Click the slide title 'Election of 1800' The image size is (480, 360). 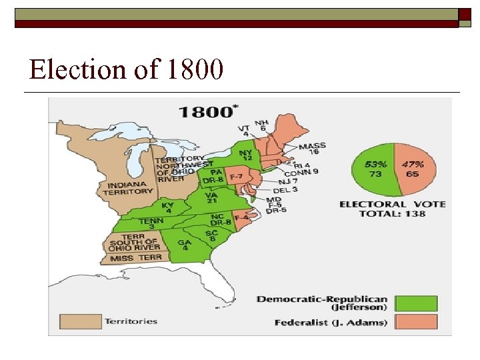(126, 69)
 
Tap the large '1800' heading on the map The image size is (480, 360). (205, 111)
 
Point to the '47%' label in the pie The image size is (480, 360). (413, 163)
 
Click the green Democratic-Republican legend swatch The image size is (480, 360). (416, 303)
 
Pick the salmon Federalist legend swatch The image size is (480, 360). (416, 323)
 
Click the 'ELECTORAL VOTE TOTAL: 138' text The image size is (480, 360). (392, 209)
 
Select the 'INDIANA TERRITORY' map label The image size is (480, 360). (127, 187)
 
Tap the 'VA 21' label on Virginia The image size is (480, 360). (212, 197)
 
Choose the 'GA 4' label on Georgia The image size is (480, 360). (184, 246)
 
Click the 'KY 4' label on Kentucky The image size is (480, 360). (167, 208)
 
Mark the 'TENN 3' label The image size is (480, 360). (151, 223)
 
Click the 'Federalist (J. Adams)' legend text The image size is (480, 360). (330, 323)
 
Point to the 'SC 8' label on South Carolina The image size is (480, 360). (212, 236)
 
